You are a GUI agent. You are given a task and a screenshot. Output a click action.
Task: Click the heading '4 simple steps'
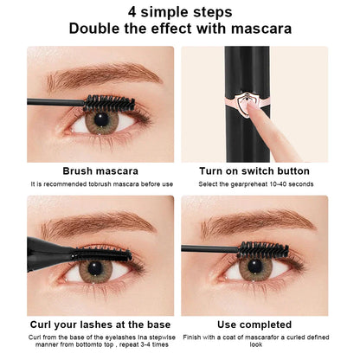click(x=180, y=12)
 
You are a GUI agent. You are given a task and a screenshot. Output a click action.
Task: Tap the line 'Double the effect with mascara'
click(x=180, y=29)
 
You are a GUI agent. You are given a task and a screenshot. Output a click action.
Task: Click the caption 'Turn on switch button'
click(x=255, y=171)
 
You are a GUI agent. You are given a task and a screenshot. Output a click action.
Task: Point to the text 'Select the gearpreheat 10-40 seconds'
click(x=255, y=184)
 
